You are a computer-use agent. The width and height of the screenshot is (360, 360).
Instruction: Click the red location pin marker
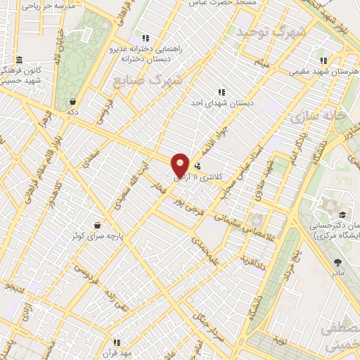181,165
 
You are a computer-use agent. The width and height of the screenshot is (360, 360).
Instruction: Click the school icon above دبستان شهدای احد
221,92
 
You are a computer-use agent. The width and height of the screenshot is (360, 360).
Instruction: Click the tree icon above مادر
337,262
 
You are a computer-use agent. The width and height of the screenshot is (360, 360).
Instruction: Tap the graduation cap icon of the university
342,214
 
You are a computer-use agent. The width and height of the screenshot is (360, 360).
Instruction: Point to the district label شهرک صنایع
148,80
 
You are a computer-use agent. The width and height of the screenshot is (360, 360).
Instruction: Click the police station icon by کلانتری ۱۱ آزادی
198,167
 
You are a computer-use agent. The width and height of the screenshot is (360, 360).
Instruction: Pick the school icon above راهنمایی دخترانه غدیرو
145,38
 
